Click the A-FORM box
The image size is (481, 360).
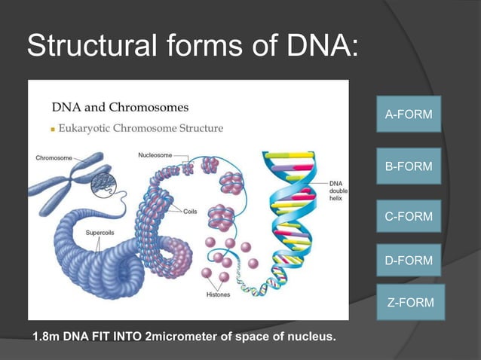409,115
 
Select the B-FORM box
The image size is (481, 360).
409,166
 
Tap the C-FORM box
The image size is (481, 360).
409,217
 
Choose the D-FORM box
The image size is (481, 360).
409,261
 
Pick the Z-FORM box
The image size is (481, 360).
410,303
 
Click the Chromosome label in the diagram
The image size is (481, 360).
54,158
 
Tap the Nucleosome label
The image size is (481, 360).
155,155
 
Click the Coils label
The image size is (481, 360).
191,212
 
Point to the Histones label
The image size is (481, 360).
218,294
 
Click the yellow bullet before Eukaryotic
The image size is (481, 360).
52,130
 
